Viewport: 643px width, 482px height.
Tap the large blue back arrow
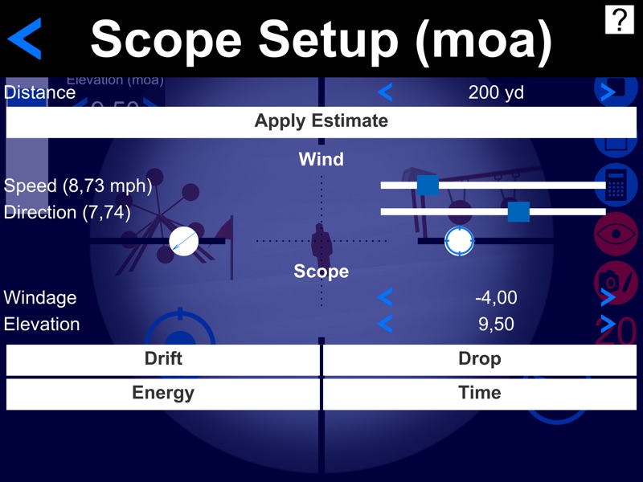26,39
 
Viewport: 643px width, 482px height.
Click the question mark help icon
619,19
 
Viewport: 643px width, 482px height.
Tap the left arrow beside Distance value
385,92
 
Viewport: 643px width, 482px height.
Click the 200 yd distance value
496,92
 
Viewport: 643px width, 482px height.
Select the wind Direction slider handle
518,211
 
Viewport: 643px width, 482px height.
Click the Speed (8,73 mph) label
78,186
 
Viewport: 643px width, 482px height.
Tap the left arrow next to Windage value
385,298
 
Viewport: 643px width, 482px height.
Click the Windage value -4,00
496,298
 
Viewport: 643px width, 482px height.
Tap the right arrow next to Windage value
608,298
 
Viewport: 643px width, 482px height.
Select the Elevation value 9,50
496,325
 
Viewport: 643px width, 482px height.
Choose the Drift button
163,359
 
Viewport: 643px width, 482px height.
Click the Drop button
480,359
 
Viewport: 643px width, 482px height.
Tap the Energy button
163,393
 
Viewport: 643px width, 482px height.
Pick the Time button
480,393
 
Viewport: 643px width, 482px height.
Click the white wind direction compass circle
184,241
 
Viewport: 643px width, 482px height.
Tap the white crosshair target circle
459,240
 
